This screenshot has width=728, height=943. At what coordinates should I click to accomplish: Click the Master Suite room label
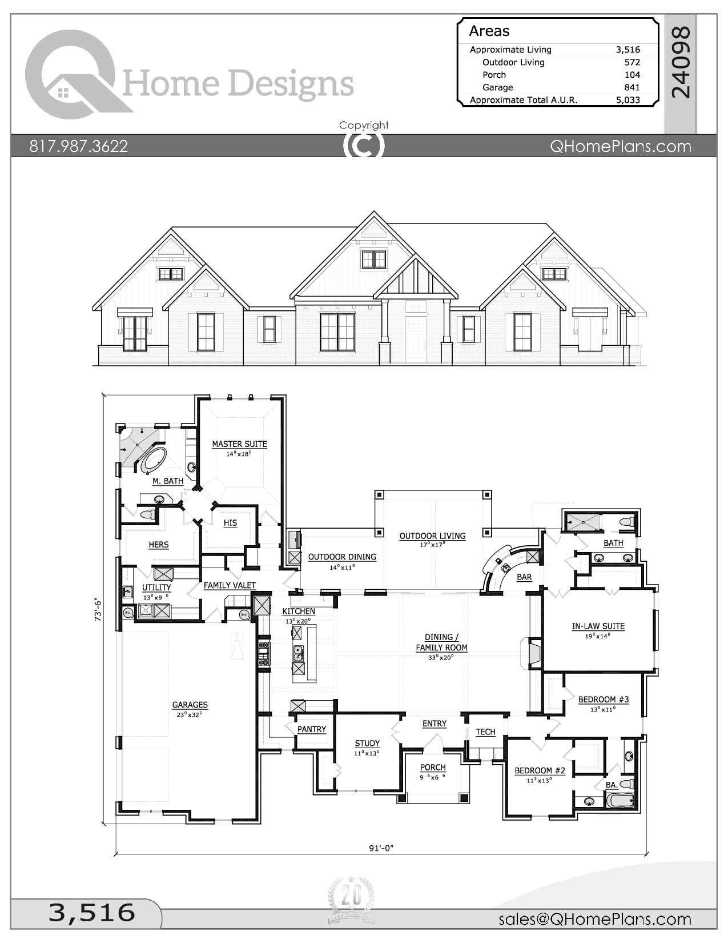[239, 443]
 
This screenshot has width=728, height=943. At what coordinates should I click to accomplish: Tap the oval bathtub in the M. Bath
[153, 459]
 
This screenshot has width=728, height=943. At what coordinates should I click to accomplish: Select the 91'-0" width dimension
[381, 848]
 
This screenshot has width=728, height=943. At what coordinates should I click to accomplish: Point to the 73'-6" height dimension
[98, 609]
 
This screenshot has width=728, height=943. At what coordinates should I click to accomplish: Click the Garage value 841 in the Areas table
[632, 87]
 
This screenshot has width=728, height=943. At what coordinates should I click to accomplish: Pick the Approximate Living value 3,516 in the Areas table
[628, 50]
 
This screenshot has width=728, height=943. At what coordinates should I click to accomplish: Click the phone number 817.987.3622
[79, 146]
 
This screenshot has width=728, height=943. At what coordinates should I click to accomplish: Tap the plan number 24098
[681, 62]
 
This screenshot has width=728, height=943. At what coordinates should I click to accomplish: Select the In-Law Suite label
[598, 626]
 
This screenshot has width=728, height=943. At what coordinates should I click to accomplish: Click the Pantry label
[312, 729]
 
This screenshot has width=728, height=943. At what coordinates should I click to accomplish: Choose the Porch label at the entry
[433, 767]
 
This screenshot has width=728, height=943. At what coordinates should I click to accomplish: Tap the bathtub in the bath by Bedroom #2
[620, 800]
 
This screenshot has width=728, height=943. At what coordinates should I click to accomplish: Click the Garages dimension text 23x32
[190, 714]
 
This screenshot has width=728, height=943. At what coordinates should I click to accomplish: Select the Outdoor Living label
[432, 536]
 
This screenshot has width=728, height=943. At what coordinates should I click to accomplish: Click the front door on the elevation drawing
[416, 339]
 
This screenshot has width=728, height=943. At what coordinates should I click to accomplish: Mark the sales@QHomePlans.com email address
[594, 919]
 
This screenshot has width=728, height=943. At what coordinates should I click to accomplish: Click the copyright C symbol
[364, 146]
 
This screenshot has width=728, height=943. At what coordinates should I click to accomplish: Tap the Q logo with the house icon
[71, 74]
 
